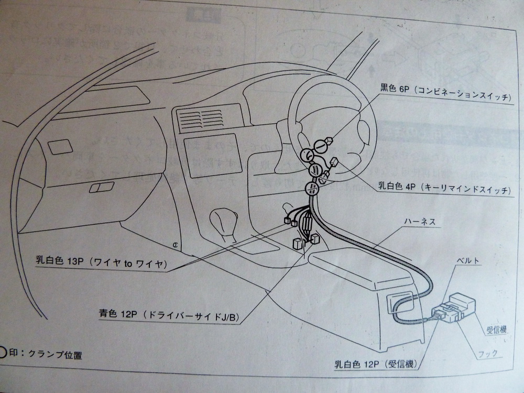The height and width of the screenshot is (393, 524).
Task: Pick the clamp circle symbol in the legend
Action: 3,354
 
